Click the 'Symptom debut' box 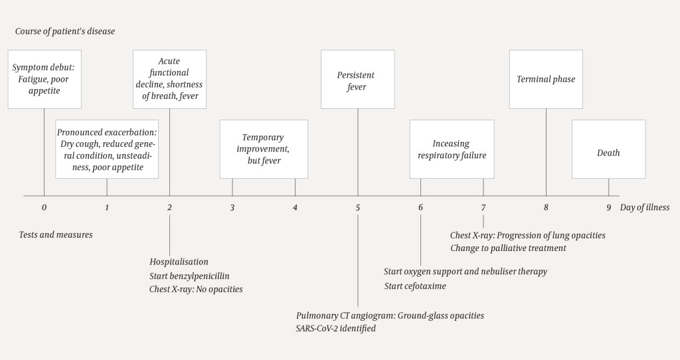44,79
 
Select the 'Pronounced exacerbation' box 107,149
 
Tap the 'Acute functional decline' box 169,79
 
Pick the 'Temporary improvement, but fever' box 264,149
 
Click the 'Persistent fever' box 357,79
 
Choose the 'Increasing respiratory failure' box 452,149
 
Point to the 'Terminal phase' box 546,79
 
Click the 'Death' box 608,153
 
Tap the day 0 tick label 44,207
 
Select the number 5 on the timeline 357,207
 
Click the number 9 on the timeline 608,207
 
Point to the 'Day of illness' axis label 645,207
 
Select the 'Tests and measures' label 56,234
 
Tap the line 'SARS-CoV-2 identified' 336,328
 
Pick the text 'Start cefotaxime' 415,286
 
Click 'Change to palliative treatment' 508,248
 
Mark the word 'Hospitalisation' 179,262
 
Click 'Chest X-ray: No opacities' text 196,289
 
